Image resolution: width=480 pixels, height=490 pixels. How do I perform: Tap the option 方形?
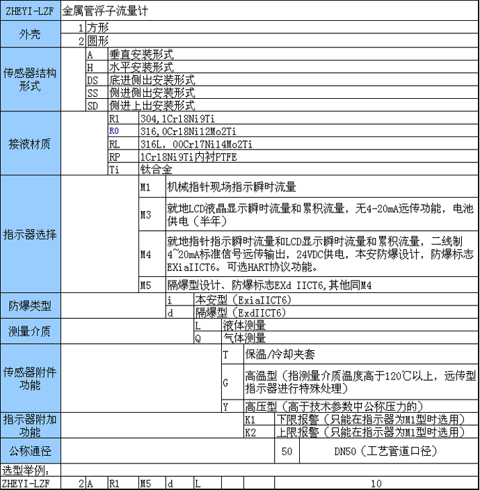click(98, 28)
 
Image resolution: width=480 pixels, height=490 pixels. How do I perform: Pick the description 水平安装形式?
click(141, 67)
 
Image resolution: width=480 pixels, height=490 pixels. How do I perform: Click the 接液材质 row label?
click(29, 144)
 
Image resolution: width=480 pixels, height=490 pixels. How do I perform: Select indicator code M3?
click(145, 215)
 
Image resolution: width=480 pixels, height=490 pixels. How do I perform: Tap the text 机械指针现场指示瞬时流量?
click(232, 187)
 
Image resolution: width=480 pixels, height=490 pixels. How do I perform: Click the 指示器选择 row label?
click(29, 234)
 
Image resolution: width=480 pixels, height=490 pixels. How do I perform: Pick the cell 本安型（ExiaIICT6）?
click(243, 300)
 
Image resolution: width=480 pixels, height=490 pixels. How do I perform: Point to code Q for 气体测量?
click(198, 338)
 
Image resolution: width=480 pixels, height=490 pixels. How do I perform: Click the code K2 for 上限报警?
click(251, 432)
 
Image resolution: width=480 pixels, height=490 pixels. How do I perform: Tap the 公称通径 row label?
click(29, 451)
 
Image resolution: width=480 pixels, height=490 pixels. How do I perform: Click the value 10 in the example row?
click(376, 483)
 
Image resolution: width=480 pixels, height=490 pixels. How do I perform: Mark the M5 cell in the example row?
click(145, 483)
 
